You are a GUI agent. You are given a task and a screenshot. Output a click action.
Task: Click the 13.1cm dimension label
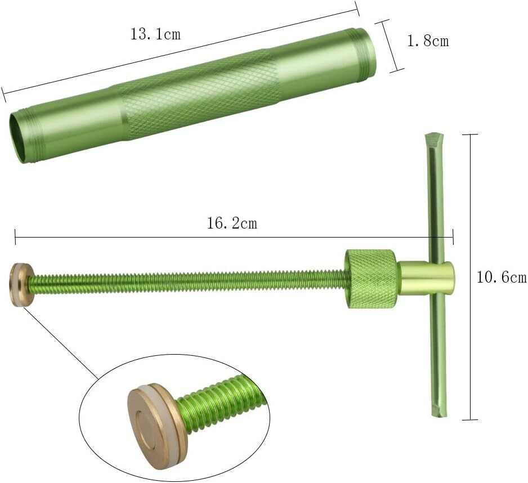point(155,34)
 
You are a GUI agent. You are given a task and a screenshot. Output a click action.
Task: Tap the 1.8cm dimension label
point(428,41)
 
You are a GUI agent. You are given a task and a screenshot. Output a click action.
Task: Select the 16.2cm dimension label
point(232,223)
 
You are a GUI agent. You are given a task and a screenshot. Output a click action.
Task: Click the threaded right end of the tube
point(362,52)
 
